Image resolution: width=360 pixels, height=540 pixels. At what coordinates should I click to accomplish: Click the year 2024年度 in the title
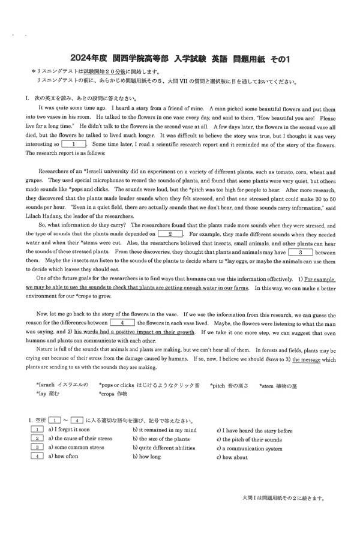[x=88, y=58]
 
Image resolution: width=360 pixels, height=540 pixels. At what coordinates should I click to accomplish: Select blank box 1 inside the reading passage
[x=74, y=144]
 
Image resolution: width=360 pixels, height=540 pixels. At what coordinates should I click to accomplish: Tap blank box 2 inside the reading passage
[x=170, y=233]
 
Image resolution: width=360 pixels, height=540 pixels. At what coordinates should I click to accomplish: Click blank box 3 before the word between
[x=299, y=252]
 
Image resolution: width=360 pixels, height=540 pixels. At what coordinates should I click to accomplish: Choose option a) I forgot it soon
[x=69, y=430]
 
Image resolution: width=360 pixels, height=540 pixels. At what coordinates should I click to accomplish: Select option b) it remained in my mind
[x=164, y=430]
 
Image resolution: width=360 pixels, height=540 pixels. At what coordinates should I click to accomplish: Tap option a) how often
[x=63, y=457]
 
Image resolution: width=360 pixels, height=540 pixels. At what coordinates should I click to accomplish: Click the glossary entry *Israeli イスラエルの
[x=62, y=385]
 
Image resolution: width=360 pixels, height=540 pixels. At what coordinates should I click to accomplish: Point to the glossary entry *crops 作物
[x=113, y=394]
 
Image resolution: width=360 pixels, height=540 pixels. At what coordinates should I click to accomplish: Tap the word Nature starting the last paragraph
[x=46, y=350]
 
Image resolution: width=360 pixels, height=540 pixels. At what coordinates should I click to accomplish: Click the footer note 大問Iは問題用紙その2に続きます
[x=284, y=497]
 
